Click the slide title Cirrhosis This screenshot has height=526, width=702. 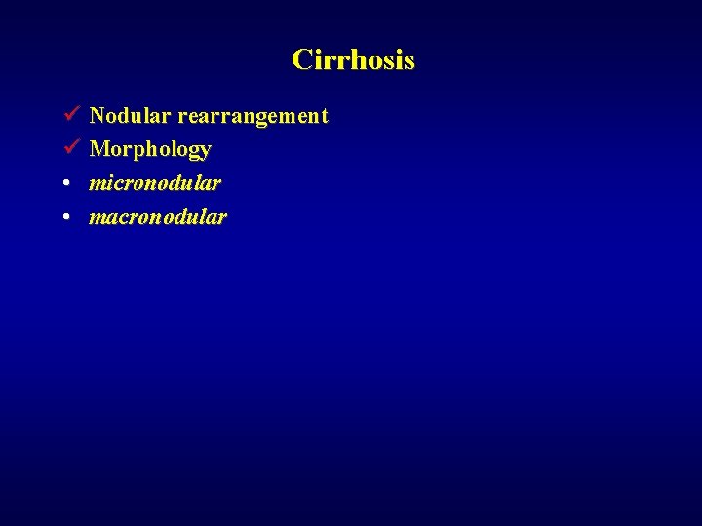pyautogui.click(x=353, y=60)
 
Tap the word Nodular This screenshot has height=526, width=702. pyautogui.click(x=130, y=116)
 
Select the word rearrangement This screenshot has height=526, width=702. pyautogui.click(x=253, y=116)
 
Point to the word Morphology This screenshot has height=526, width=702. pyautogui.click(x=150, y=150)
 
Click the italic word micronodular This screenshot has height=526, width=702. pyautogui.click(x=154, y=183)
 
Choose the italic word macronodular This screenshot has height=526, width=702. pyautogui.click(x=157, y=216)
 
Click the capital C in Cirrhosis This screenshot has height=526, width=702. pyautogui.click(x=301, y=60)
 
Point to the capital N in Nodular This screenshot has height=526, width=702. pyautogui.click(x=97, y=116)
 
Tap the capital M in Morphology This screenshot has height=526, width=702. pyautogui.click(x=99, y=150)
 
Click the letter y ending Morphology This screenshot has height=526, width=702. pyautogui.click(x=205, y=153)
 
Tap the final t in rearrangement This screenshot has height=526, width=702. pyautogui.click(x=324, y=116)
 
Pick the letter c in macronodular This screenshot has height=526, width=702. pyautogui.click(x=121, y=217)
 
